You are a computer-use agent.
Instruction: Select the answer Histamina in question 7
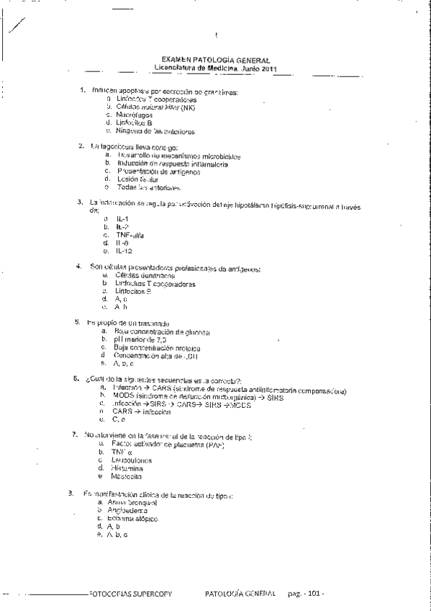point(130,468)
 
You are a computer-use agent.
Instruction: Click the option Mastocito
point(127,476)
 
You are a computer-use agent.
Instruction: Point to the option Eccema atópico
point(132,519)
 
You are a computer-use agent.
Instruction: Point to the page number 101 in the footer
point(314,594)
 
